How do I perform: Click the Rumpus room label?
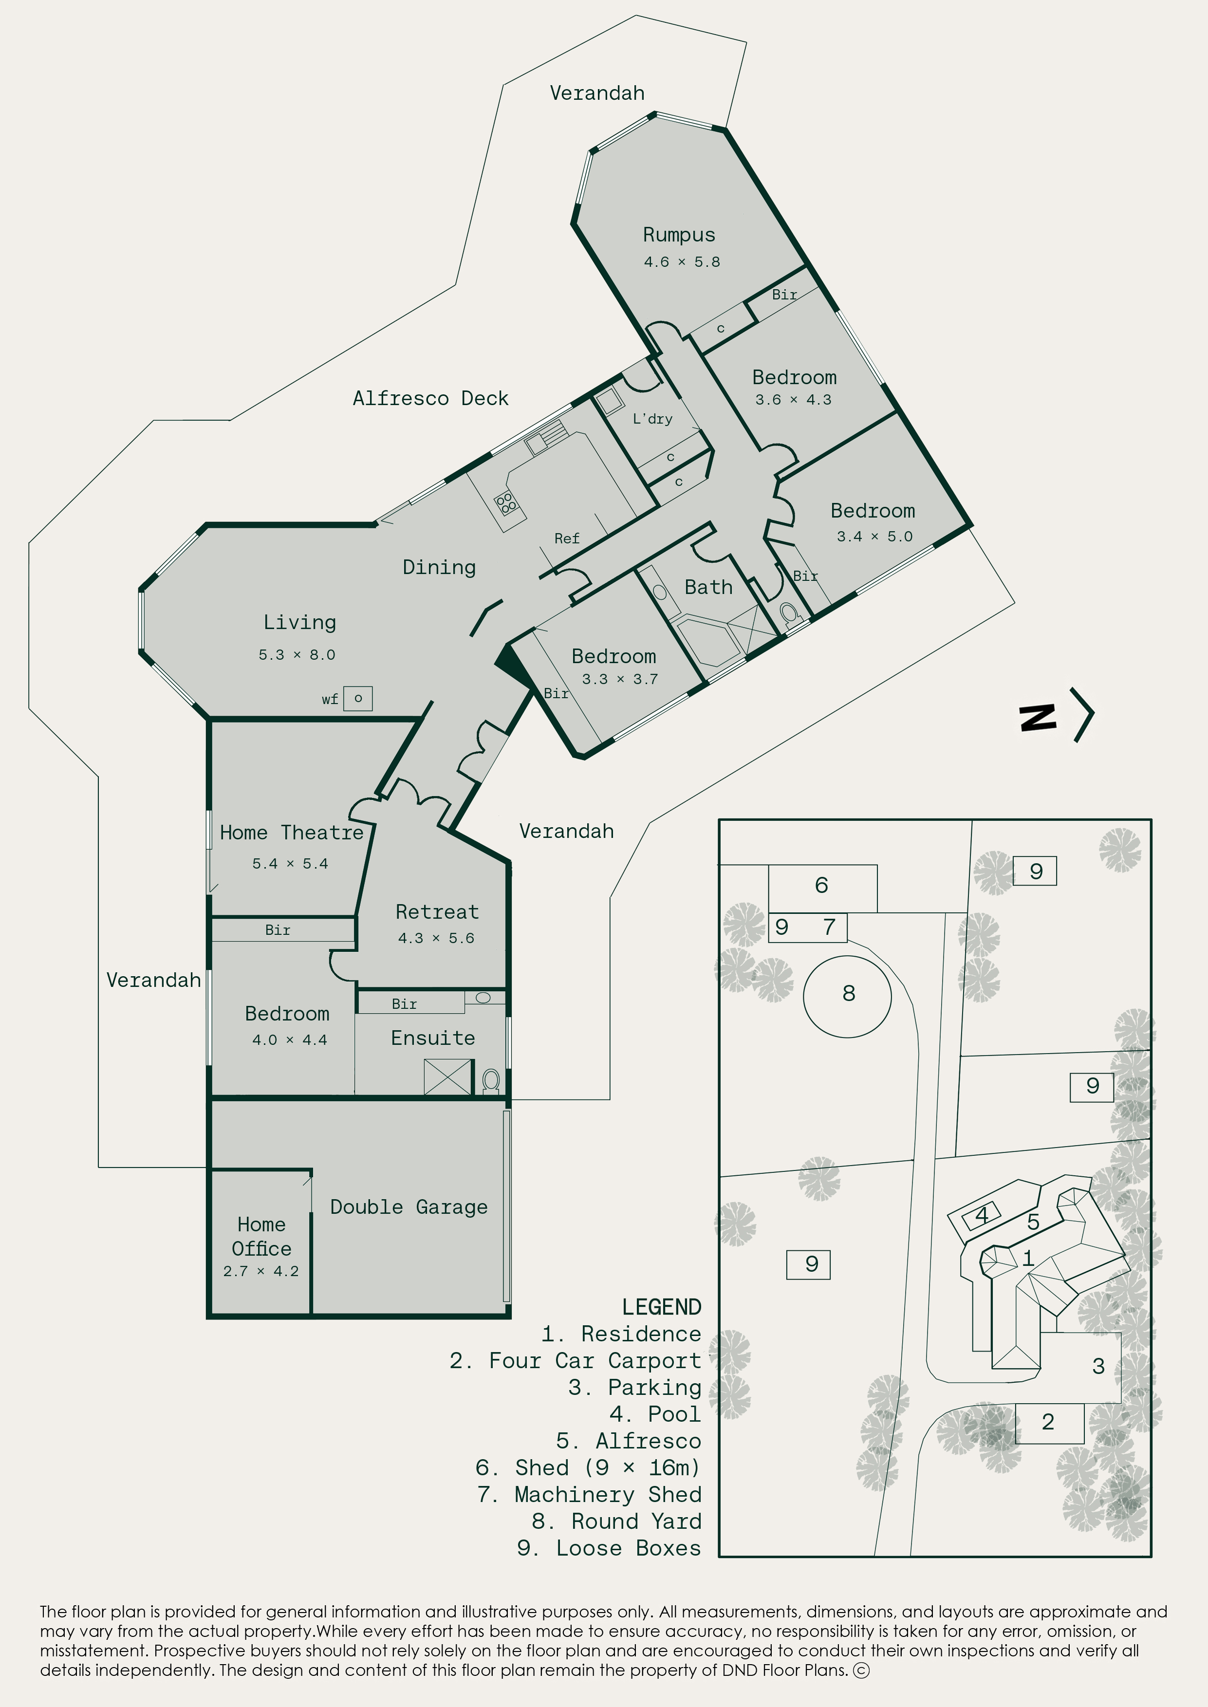coord(679,235)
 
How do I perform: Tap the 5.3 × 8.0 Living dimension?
coord(297,654)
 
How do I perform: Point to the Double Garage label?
coord(409,1206)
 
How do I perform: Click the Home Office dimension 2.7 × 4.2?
coord(261,1271)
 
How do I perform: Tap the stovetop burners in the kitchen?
coord(506,503)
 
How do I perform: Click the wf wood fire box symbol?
coord(358,698)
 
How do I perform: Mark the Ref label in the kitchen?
coord(567,538)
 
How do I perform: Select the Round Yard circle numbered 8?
coord(847,996)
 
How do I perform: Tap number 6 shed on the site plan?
coord(822,888)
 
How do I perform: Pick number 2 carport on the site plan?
coord(1049,1422)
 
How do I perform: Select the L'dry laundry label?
coord(652,419)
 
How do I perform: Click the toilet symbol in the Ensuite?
coord(491,1081)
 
